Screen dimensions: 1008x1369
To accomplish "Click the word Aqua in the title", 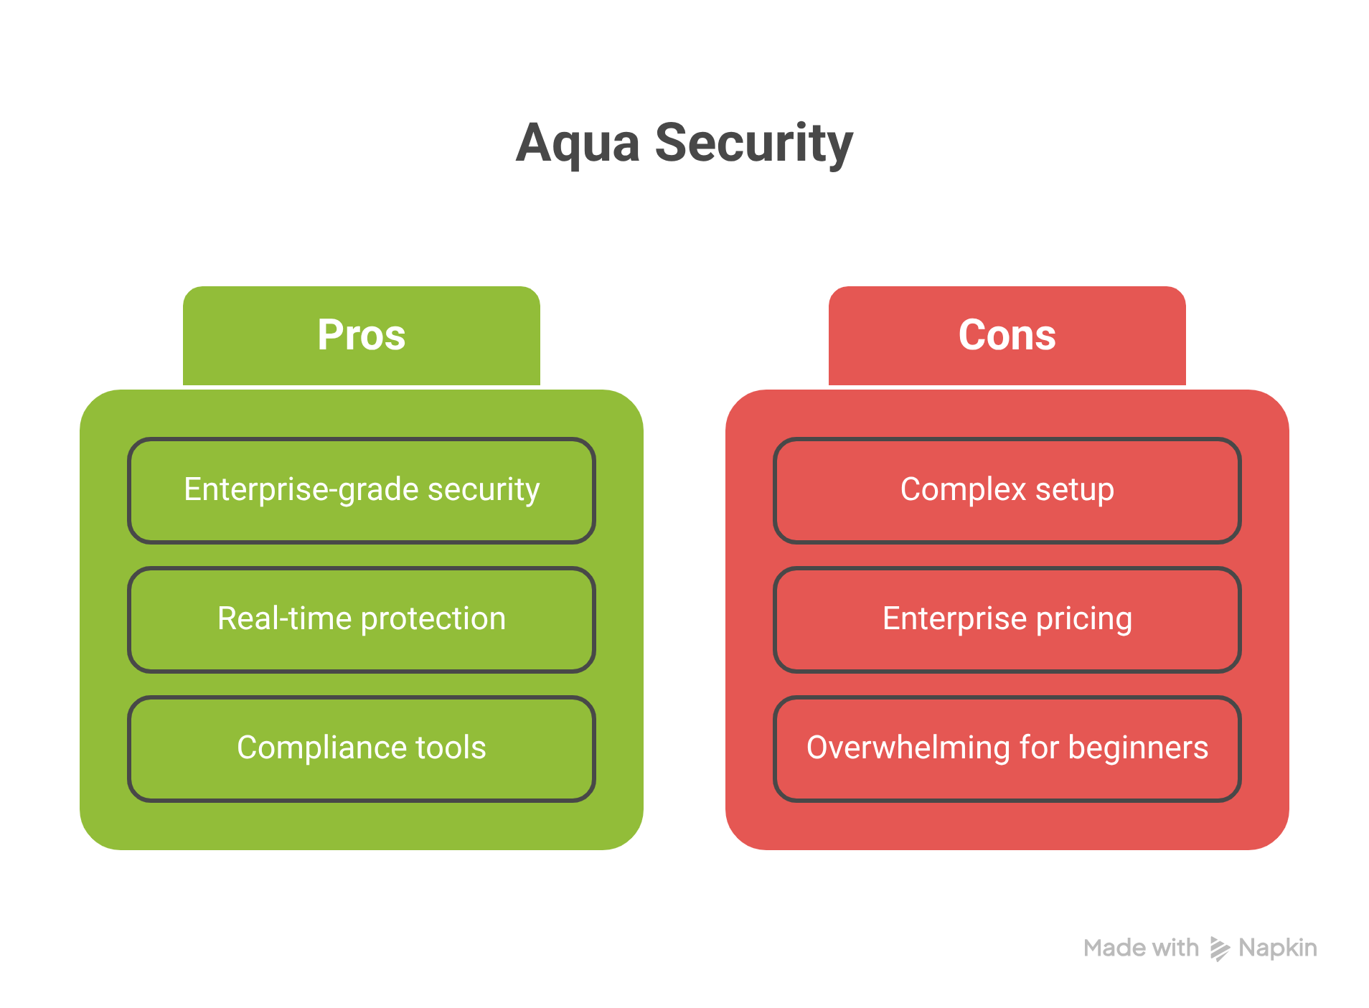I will pos(578,143).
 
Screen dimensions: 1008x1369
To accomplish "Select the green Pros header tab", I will pos(361,335).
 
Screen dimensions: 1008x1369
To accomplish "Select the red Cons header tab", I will pos(1007,335).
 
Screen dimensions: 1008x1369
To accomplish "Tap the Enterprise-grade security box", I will pos(361,490).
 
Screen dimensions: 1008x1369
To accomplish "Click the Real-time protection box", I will pos(361,619).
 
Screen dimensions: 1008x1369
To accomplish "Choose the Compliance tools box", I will pos(361,748).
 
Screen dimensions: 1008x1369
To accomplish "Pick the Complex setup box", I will pos(1007,490).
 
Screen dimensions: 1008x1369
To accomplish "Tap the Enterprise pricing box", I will pos(1007,619).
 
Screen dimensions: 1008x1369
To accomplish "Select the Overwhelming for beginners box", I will pos(1007,748).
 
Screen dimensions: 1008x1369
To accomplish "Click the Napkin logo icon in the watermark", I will pos(1219,948).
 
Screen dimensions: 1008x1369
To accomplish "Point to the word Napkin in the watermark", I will pos(1277,948).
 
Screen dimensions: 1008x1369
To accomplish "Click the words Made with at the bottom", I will pos(1141,948).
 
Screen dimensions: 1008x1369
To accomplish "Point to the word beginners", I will pos(1138,748).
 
